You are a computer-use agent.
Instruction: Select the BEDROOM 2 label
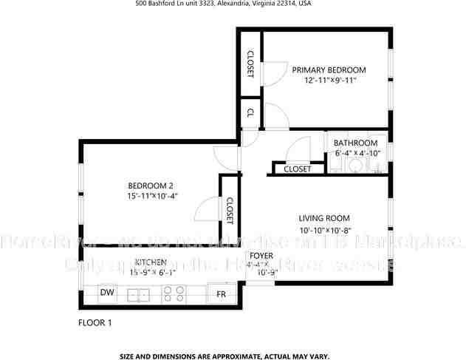coord(151,186)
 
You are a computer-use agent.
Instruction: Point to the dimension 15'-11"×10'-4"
coord(152,196)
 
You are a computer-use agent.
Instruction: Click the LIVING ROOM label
coord(323,218)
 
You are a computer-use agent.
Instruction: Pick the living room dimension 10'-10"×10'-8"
coord(324,230)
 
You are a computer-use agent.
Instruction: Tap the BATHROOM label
coord(355,143)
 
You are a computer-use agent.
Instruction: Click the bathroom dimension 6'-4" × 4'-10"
coord(357,153)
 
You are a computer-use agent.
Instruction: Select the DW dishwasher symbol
coord(106,293)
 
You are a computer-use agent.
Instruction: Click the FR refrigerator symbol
coord(220,294)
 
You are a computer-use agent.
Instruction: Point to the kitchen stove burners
coord(174,294)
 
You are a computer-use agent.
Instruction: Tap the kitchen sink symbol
coord(138,294)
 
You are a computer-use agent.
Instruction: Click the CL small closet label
coord(250,113)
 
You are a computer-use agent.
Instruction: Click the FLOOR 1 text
coord(95,322)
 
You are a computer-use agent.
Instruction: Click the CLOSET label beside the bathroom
coord(297,169)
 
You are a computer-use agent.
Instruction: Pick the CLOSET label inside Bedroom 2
coord(230,211)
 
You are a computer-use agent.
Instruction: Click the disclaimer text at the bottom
coord(224,356)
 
